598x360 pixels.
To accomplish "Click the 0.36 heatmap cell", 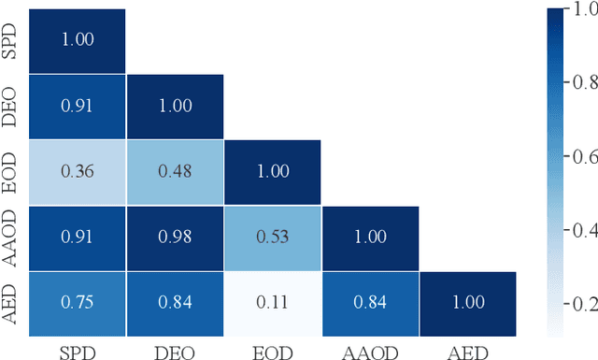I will click(77, 172).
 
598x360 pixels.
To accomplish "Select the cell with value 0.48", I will click(174, 172).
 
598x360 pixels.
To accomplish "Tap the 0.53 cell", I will click(272, 238).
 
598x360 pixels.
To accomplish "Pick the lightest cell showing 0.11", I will click(272, 303).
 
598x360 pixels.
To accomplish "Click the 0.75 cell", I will click(77, 303).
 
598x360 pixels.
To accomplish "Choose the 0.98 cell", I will click(174, 238).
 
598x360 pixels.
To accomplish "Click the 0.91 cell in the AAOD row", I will click(77, 238).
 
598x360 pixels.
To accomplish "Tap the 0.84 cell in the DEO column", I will click(174, 303).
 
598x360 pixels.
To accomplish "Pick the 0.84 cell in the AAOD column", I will click(370, 303).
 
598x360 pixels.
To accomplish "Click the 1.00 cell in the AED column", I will click(467, 303).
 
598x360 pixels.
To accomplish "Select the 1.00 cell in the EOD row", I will click(272, 172).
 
